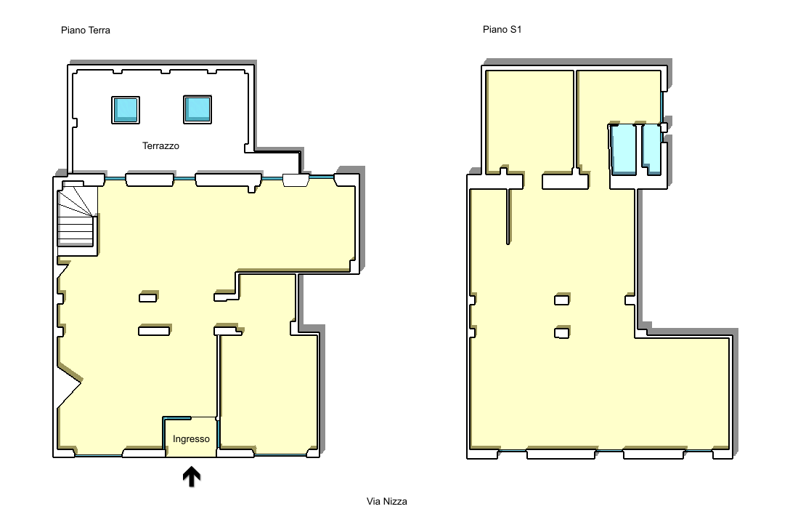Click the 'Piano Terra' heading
click(86, 30)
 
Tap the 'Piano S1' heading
click(502, 30)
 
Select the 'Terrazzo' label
click(160, 146)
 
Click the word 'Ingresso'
click(191, 439)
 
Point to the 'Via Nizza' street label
click(387, 501)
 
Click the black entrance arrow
click(192, 476)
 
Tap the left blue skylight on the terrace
click(126, 110)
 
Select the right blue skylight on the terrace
click(198, 109)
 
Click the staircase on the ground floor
click(76, 219)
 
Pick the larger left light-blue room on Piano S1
click(623, 149)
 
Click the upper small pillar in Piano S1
click(561, 300)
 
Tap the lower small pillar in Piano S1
click(561, 333)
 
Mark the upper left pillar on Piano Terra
click(147, 297)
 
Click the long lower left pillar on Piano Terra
click(154, 331)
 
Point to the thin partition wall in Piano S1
click(508, 217)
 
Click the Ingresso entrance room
click(192, 437)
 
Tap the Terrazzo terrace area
click(160, 122)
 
